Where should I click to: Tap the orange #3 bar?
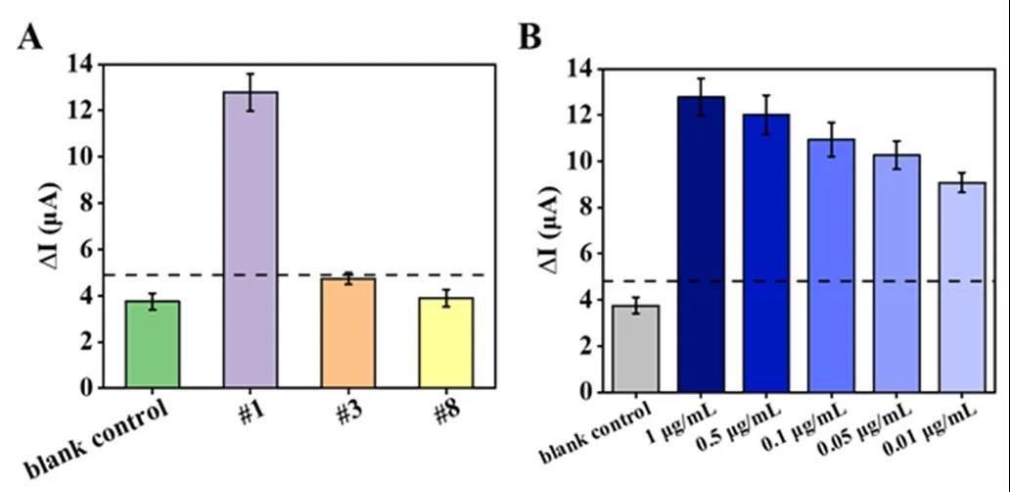coord(348,333)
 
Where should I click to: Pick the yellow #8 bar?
coord(446,343)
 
